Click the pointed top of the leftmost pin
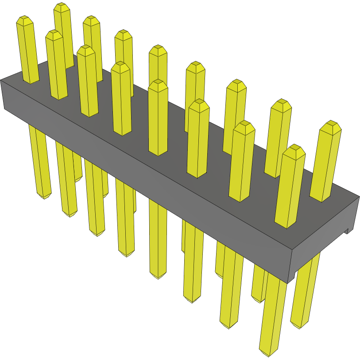coord(25,20)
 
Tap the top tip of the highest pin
coord(62,6)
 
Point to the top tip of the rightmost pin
coord(331,124)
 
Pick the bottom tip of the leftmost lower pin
coord(43,196)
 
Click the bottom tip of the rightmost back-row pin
coord(299,326)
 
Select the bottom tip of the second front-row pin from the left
coord(70,215)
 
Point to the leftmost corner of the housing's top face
coord(1,80)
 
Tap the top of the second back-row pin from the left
coord(62,6)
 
